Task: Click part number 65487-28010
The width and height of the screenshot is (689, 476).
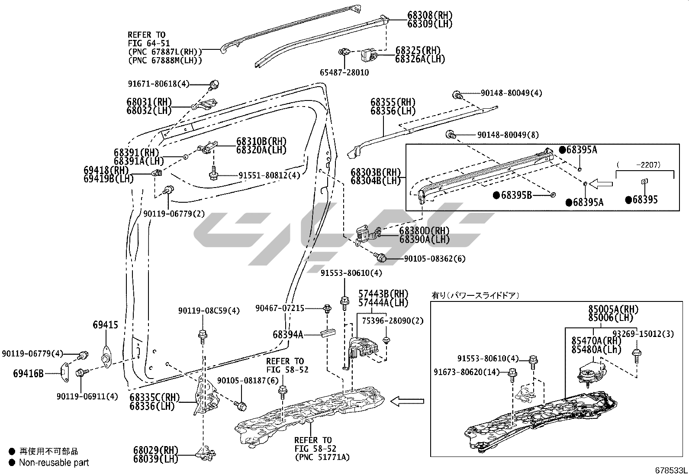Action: pos(344,72)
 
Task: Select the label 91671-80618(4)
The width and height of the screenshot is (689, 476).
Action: pos(158,84)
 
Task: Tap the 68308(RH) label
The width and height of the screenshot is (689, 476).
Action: pos(430,15)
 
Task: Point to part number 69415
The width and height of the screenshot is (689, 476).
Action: pos(105,324)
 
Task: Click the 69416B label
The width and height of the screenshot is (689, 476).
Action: pos(28,372)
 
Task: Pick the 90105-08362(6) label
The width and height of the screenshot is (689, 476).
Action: pos(435,259)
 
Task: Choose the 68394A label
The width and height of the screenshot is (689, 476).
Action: pos(288,334)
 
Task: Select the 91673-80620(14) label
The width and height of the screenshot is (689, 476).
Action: pos(466,372)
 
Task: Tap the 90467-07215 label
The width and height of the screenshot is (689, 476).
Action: pos(280,308)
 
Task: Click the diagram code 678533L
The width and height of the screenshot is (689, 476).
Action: pos(671,470)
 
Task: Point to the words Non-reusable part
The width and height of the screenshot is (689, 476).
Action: pos(54,463)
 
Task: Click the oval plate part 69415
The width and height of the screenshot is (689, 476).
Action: pos(105,352)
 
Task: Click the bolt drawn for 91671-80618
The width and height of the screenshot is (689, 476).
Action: pos(214,84)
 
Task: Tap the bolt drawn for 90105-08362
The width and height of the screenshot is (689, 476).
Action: pos(381,258)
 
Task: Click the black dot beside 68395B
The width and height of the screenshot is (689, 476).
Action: pos(496,195)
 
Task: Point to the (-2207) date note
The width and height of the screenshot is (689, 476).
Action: pos(645,165)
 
